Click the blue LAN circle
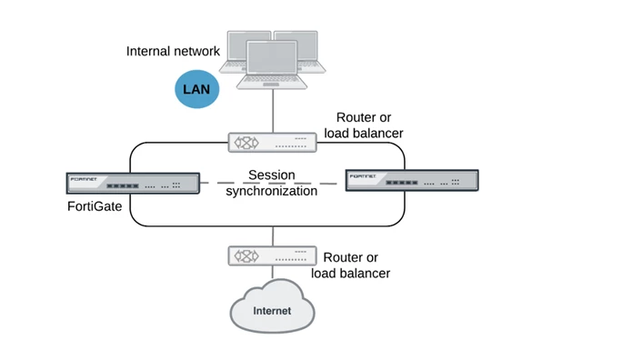[196, 89]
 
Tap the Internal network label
[173, 51]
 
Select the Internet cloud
[272, 306]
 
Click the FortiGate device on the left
[133, 184]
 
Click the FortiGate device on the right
[412, 180]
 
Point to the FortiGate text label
[95, 206]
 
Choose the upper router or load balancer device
[273, 143]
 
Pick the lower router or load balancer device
[273, 255]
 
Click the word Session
[272, 175]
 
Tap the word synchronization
[272, 191]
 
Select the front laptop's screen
[272, 57]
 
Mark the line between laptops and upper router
[273, 111]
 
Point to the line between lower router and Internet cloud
[273, 272]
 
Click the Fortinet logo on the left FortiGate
[84, 179]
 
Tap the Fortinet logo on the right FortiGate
[363, 176]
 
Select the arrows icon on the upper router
[246, 143]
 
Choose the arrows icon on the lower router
[246, 256]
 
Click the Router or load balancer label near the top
[364, 125]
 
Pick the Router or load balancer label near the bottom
[351, 265]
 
